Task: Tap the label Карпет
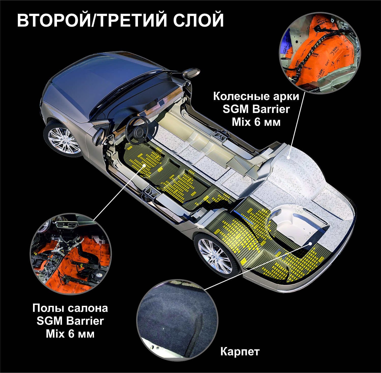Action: point(240,351)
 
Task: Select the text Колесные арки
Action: point(256,96)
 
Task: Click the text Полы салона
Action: point(70,308)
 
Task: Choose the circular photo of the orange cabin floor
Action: point(71,254)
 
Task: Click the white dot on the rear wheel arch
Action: point(289,157)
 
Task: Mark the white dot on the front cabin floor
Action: point(144,165)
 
